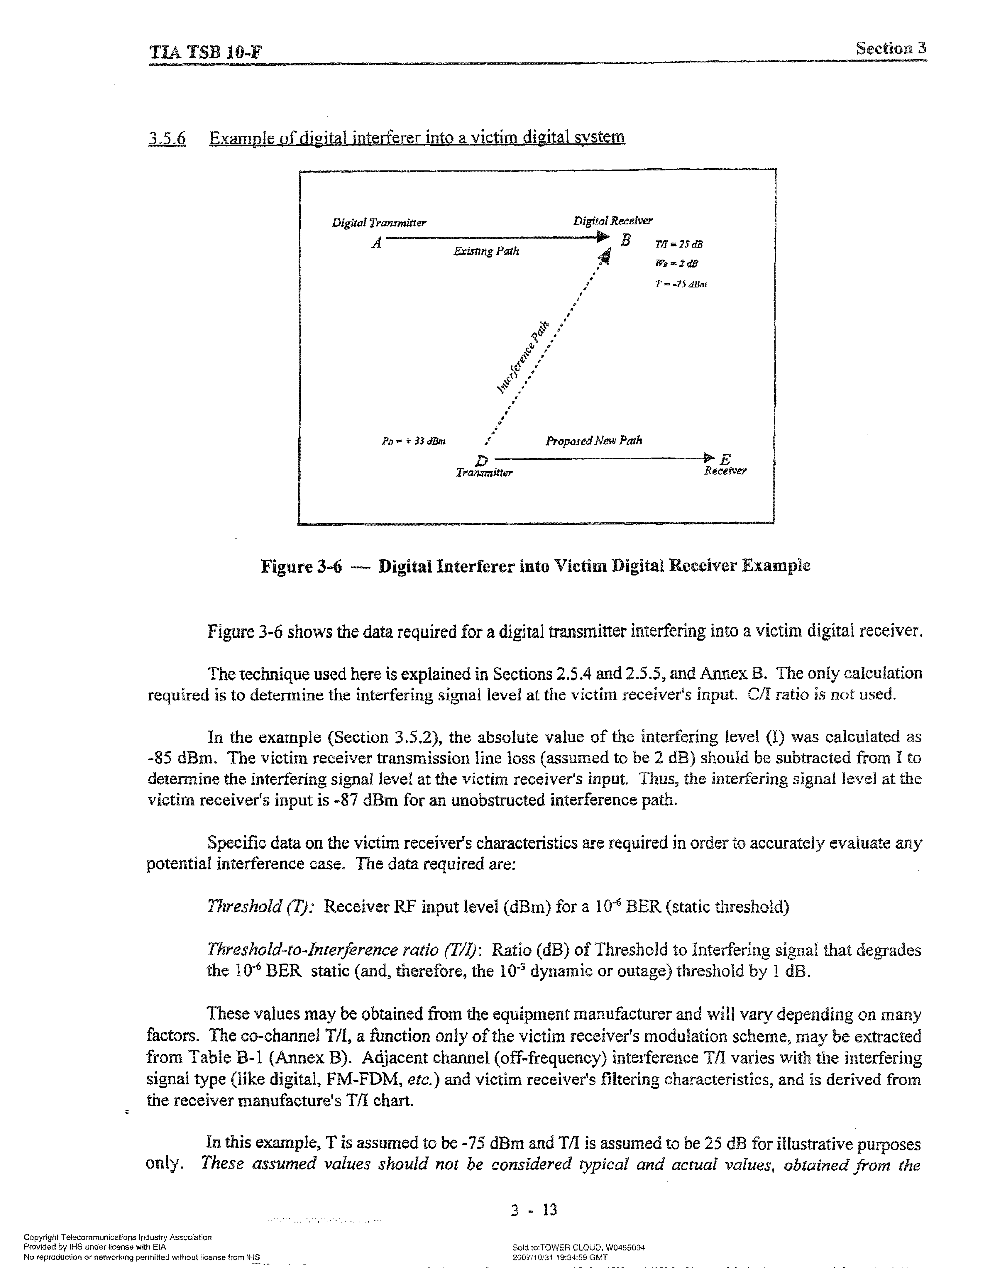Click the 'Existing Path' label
[486, 252]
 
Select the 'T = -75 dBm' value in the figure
[681, 284]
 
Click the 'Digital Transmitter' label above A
[379, 223]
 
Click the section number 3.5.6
[167, 139]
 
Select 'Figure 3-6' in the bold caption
[301, 566]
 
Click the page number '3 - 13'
[534, 1210]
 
